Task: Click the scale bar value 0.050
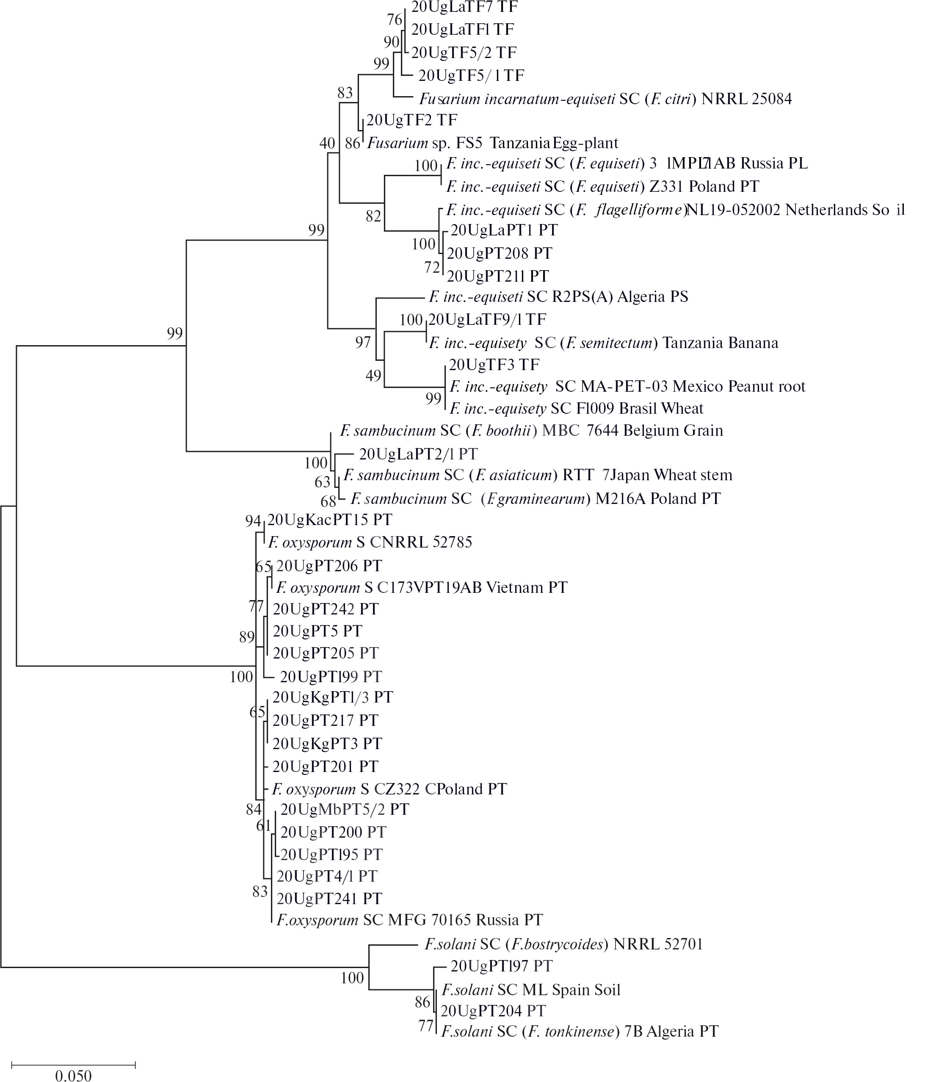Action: point(73,1074)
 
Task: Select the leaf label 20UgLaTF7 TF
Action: point(464,7)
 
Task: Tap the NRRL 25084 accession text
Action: point(746,99)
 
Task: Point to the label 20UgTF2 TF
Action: point(412,120)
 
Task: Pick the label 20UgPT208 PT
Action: point(500,253)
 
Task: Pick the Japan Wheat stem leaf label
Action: point(538,475)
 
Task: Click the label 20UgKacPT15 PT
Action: point(329,520)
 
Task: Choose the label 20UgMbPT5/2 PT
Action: point(345,809)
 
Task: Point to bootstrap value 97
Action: point(363,343)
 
